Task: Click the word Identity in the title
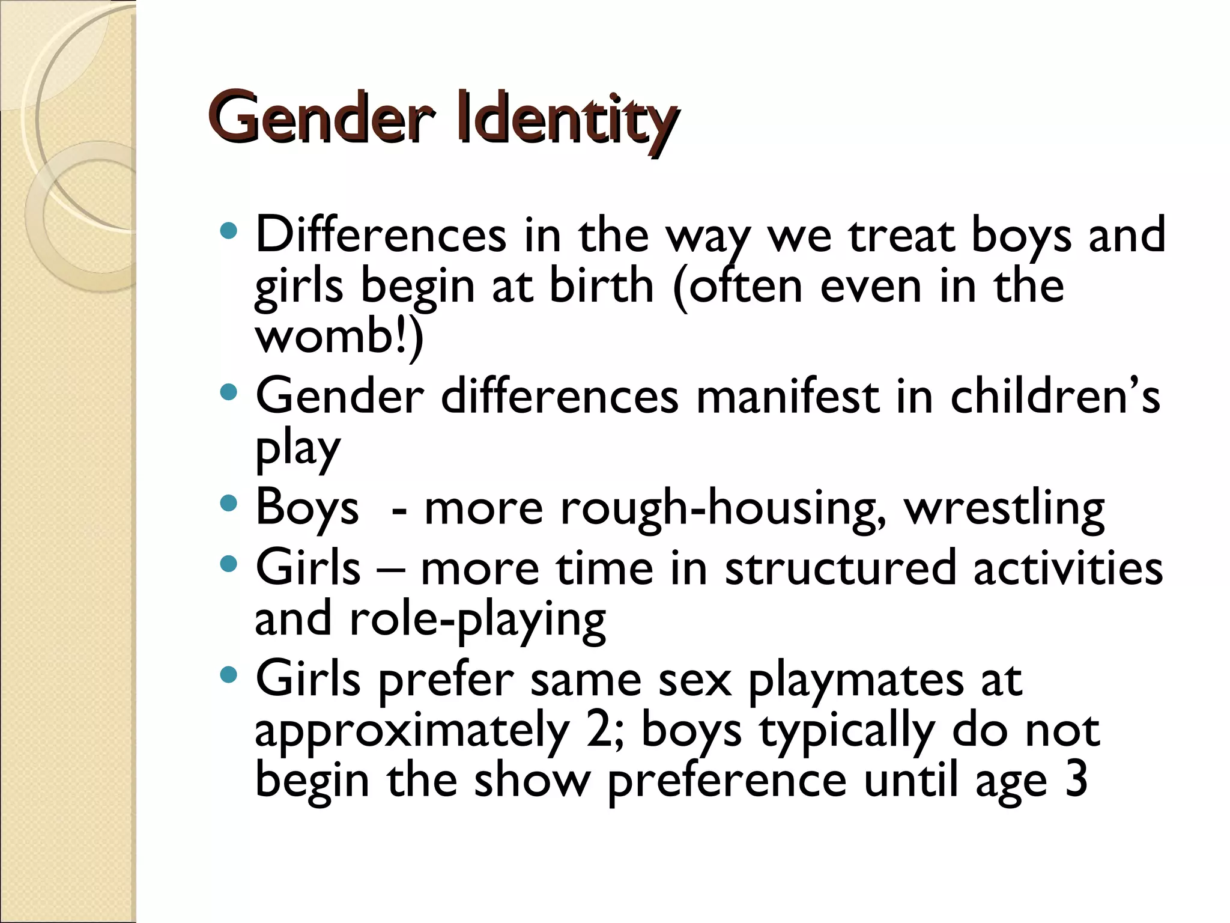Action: pyautogui.click(x=567, y=118)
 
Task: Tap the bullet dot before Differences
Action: pyautogui.click(x=229, y=231)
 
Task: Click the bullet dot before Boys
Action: pyautogui.click(x=229, y=503)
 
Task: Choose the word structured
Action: pyautogui.click(x=840, y=568)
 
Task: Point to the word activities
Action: pyautogui.click(x=1068, y=568)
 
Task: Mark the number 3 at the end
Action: pyautogui.click(x=1076, y=780)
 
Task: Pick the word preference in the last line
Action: pyautogui.click(x=727, y=782)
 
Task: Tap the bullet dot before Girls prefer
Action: pyautogui.click(x=229, y=675)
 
